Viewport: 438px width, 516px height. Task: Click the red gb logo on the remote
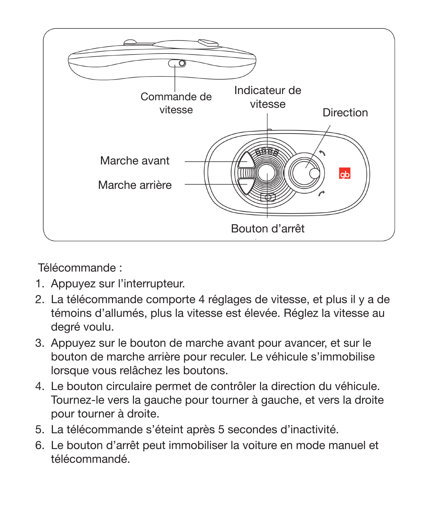345,174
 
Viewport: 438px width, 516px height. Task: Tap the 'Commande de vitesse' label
176,103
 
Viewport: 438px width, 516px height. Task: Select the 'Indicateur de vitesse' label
268,97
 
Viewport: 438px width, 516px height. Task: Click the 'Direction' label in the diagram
345,113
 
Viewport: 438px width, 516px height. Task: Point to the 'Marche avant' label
135,161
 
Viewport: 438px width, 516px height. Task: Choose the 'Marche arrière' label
135,185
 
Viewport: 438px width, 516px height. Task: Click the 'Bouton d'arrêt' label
268,229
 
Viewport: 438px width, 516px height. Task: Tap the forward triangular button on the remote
246,160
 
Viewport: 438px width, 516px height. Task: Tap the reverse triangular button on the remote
246,186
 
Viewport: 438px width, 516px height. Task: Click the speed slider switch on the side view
177,64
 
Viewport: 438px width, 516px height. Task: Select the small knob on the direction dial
314,173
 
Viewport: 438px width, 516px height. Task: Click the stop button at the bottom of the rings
268,197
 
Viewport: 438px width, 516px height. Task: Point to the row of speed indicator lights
267,151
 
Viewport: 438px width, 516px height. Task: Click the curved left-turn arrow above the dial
322,153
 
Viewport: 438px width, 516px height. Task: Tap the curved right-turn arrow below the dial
321,194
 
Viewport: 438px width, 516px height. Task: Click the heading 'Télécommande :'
80,268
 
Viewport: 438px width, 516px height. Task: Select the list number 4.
40,386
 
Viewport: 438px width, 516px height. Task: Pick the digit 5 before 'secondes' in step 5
221,429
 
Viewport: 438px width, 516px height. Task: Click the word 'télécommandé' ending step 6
90,459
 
